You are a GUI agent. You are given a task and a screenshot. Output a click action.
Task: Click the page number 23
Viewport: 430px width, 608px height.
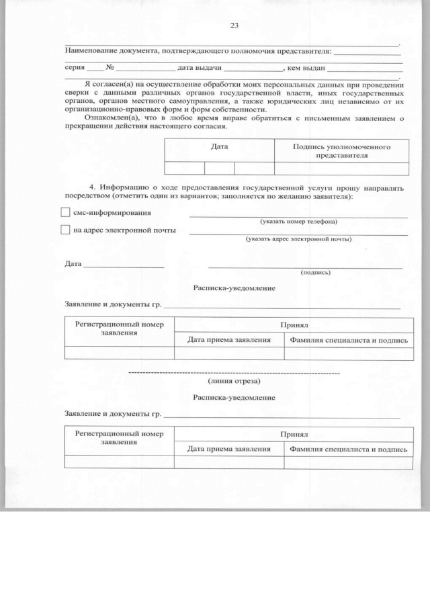pos(234,26)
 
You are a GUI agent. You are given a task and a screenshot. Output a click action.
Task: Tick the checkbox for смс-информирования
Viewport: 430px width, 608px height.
pos(65,213)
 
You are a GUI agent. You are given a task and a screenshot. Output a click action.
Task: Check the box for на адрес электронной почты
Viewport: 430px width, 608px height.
pos(65,230)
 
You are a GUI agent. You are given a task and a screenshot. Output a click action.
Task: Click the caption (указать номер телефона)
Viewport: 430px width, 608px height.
pos(298,222)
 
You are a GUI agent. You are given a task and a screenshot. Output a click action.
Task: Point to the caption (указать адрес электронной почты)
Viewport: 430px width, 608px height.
pos(298,239)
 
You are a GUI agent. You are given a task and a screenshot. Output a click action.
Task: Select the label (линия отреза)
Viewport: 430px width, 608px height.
pos(234,381)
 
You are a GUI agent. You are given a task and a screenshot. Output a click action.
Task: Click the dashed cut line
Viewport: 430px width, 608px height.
pos(234,372)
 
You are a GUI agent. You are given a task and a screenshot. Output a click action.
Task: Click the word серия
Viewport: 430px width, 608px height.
pos(75,68)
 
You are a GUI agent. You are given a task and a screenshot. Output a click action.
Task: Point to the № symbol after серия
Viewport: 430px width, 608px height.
pos(109,68)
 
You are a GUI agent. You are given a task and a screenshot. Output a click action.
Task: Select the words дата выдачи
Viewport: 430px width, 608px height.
pos(199,68)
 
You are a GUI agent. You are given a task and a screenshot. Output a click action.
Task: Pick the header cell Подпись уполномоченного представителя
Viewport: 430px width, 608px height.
pos(341,150)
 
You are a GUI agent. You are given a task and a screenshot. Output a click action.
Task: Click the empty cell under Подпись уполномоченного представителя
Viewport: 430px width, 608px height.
pos(341,169)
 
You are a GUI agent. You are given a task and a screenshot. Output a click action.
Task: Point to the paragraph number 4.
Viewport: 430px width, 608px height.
pos(92,187)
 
